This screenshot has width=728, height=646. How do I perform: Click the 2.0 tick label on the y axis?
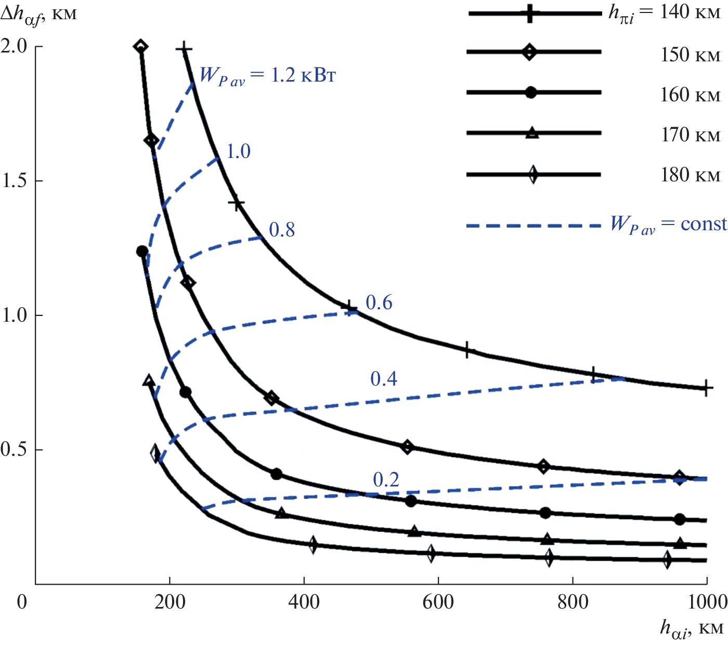click(14, 46)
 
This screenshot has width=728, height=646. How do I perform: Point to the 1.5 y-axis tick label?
click(14, 180)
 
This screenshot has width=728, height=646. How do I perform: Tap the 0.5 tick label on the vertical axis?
click(14, 449)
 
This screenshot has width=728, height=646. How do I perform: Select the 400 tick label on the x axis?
click(304, 602)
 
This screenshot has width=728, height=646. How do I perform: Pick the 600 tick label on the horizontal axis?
click(438, 602)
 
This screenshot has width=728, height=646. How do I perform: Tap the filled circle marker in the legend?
click(531, 93)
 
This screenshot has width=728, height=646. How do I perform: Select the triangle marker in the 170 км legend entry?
click(532, 133)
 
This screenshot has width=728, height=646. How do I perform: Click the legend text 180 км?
click(690, 175)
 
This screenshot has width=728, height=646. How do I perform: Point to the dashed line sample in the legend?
click(534, 226)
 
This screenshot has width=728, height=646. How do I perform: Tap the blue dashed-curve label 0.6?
click(379, 302)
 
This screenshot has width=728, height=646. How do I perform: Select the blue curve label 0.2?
click(386, 480)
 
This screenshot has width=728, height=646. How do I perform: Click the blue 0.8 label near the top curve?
click(282, 229)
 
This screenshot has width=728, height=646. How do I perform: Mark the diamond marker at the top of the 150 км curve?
click(140, 47)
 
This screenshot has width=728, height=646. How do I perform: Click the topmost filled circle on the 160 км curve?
click(142, 252)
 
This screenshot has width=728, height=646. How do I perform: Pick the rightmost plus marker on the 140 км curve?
click(706, 388)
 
